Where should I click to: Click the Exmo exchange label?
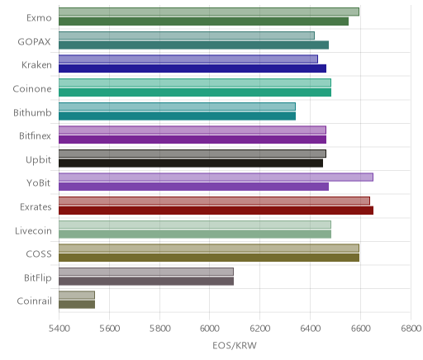39,18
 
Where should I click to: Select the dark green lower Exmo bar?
203,21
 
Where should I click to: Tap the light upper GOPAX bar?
187,36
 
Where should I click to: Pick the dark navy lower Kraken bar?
192,69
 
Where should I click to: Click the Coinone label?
32,88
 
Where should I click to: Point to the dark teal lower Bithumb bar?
177,116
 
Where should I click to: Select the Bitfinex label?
35,135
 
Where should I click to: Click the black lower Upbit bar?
191,163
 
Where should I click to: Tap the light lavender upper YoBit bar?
216,177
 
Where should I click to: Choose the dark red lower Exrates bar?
216,211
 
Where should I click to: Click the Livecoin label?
33,230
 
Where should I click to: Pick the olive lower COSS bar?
209,258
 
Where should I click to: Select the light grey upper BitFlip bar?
146,272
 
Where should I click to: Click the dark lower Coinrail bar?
77,305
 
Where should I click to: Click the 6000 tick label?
209,329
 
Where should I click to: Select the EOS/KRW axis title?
235,345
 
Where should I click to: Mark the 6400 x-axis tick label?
311,329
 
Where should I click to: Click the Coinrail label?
34,301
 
